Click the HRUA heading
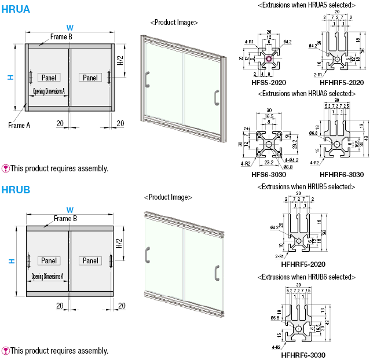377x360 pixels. pyautogui.click(x=16, y=9)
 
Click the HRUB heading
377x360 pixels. pyautogui.click(x=16, y=189)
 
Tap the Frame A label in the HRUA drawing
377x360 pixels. pyautogui.click(x=19, y=125)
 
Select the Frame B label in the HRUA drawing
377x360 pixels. pyautogui.click(x=61, y=36)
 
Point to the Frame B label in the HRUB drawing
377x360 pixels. pyautogui.click(x=65, y=219)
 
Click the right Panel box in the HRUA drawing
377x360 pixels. pyautogui.click(x=91, y=77)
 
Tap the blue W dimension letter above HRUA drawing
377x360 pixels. pyautogui.click(x=69, y=27)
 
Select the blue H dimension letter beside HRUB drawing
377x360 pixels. pyautogui.click(x=11, y=262)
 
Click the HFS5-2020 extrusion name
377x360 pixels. pyautogui.click(x=269, y=82)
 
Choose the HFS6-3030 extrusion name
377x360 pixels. pyautogui.click(x=268, y=174)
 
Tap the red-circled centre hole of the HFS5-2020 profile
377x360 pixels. pyautogui.click(x=269, y=58)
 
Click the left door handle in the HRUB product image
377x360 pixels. pyautogui.click(x=148, y=254)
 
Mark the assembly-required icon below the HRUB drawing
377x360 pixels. pyautogui.click(x=6, y=351)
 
